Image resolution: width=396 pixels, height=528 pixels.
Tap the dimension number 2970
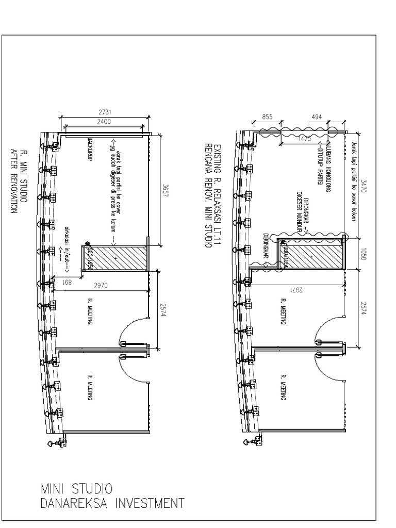coord(108,284)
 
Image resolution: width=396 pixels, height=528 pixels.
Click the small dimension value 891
coord(67,283)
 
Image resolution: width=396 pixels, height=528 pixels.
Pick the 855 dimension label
coord(267,117)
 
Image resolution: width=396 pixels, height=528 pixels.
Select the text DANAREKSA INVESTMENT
coord(112,503)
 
